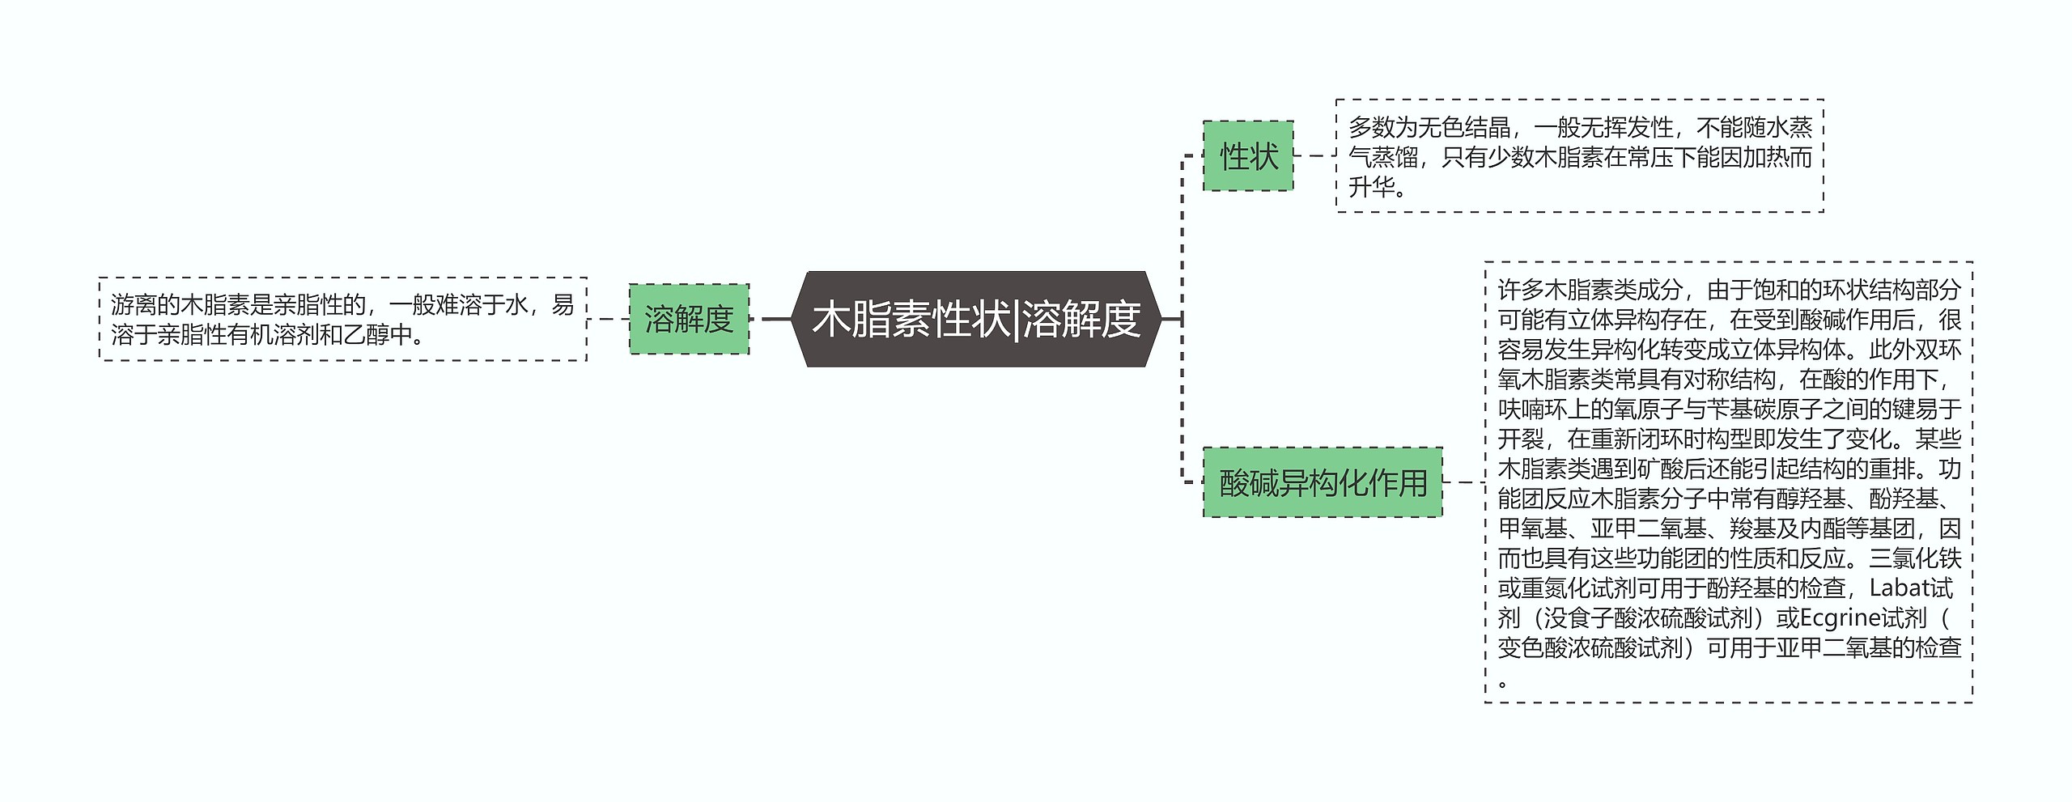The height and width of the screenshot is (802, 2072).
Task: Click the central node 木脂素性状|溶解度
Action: point(976,319)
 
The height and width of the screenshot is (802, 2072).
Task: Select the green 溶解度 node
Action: point(689,319)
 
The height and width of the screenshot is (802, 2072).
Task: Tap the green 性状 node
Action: point(1248,156)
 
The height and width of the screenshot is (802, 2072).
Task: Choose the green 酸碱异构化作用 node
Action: point(1323,483)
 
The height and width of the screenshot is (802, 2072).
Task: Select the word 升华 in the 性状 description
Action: point(1373,188)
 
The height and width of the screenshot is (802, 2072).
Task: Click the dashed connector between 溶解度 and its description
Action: point(608,319)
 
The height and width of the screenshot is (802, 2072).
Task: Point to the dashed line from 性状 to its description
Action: point(1314,156)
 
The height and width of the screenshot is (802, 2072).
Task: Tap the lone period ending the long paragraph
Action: point(1503,682)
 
